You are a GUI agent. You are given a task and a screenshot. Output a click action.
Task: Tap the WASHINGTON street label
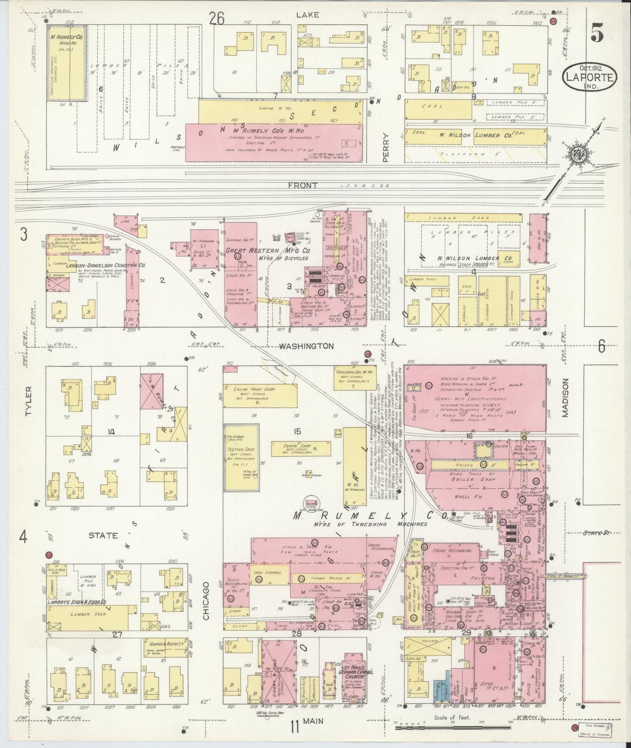point(306,346)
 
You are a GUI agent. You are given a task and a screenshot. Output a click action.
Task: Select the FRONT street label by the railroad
point(302,185)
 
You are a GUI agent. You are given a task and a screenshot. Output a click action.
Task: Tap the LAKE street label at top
point(307,14)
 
